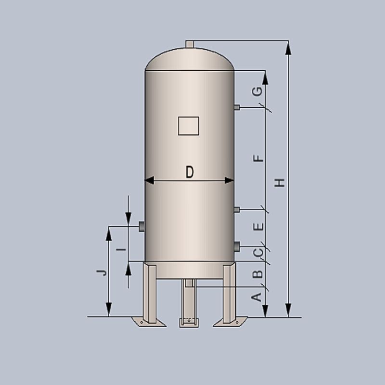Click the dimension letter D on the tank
[190, 172]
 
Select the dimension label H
[280, 182]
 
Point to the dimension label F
[258, 159]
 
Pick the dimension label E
[258, 227]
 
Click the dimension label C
[258, 252]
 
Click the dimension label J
[101, 272]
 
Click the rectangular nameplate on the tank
[189, 126]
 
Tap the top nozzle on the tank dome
[190, 44]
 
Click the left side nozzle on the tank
[142, 226]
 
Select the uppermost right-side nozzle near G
[237, 107]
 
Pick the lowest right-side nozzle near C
[237, 247]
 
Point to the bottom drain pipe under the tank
[189, 283]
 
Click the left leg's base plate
[150, 321]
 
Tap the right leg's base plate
[230, 321]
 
